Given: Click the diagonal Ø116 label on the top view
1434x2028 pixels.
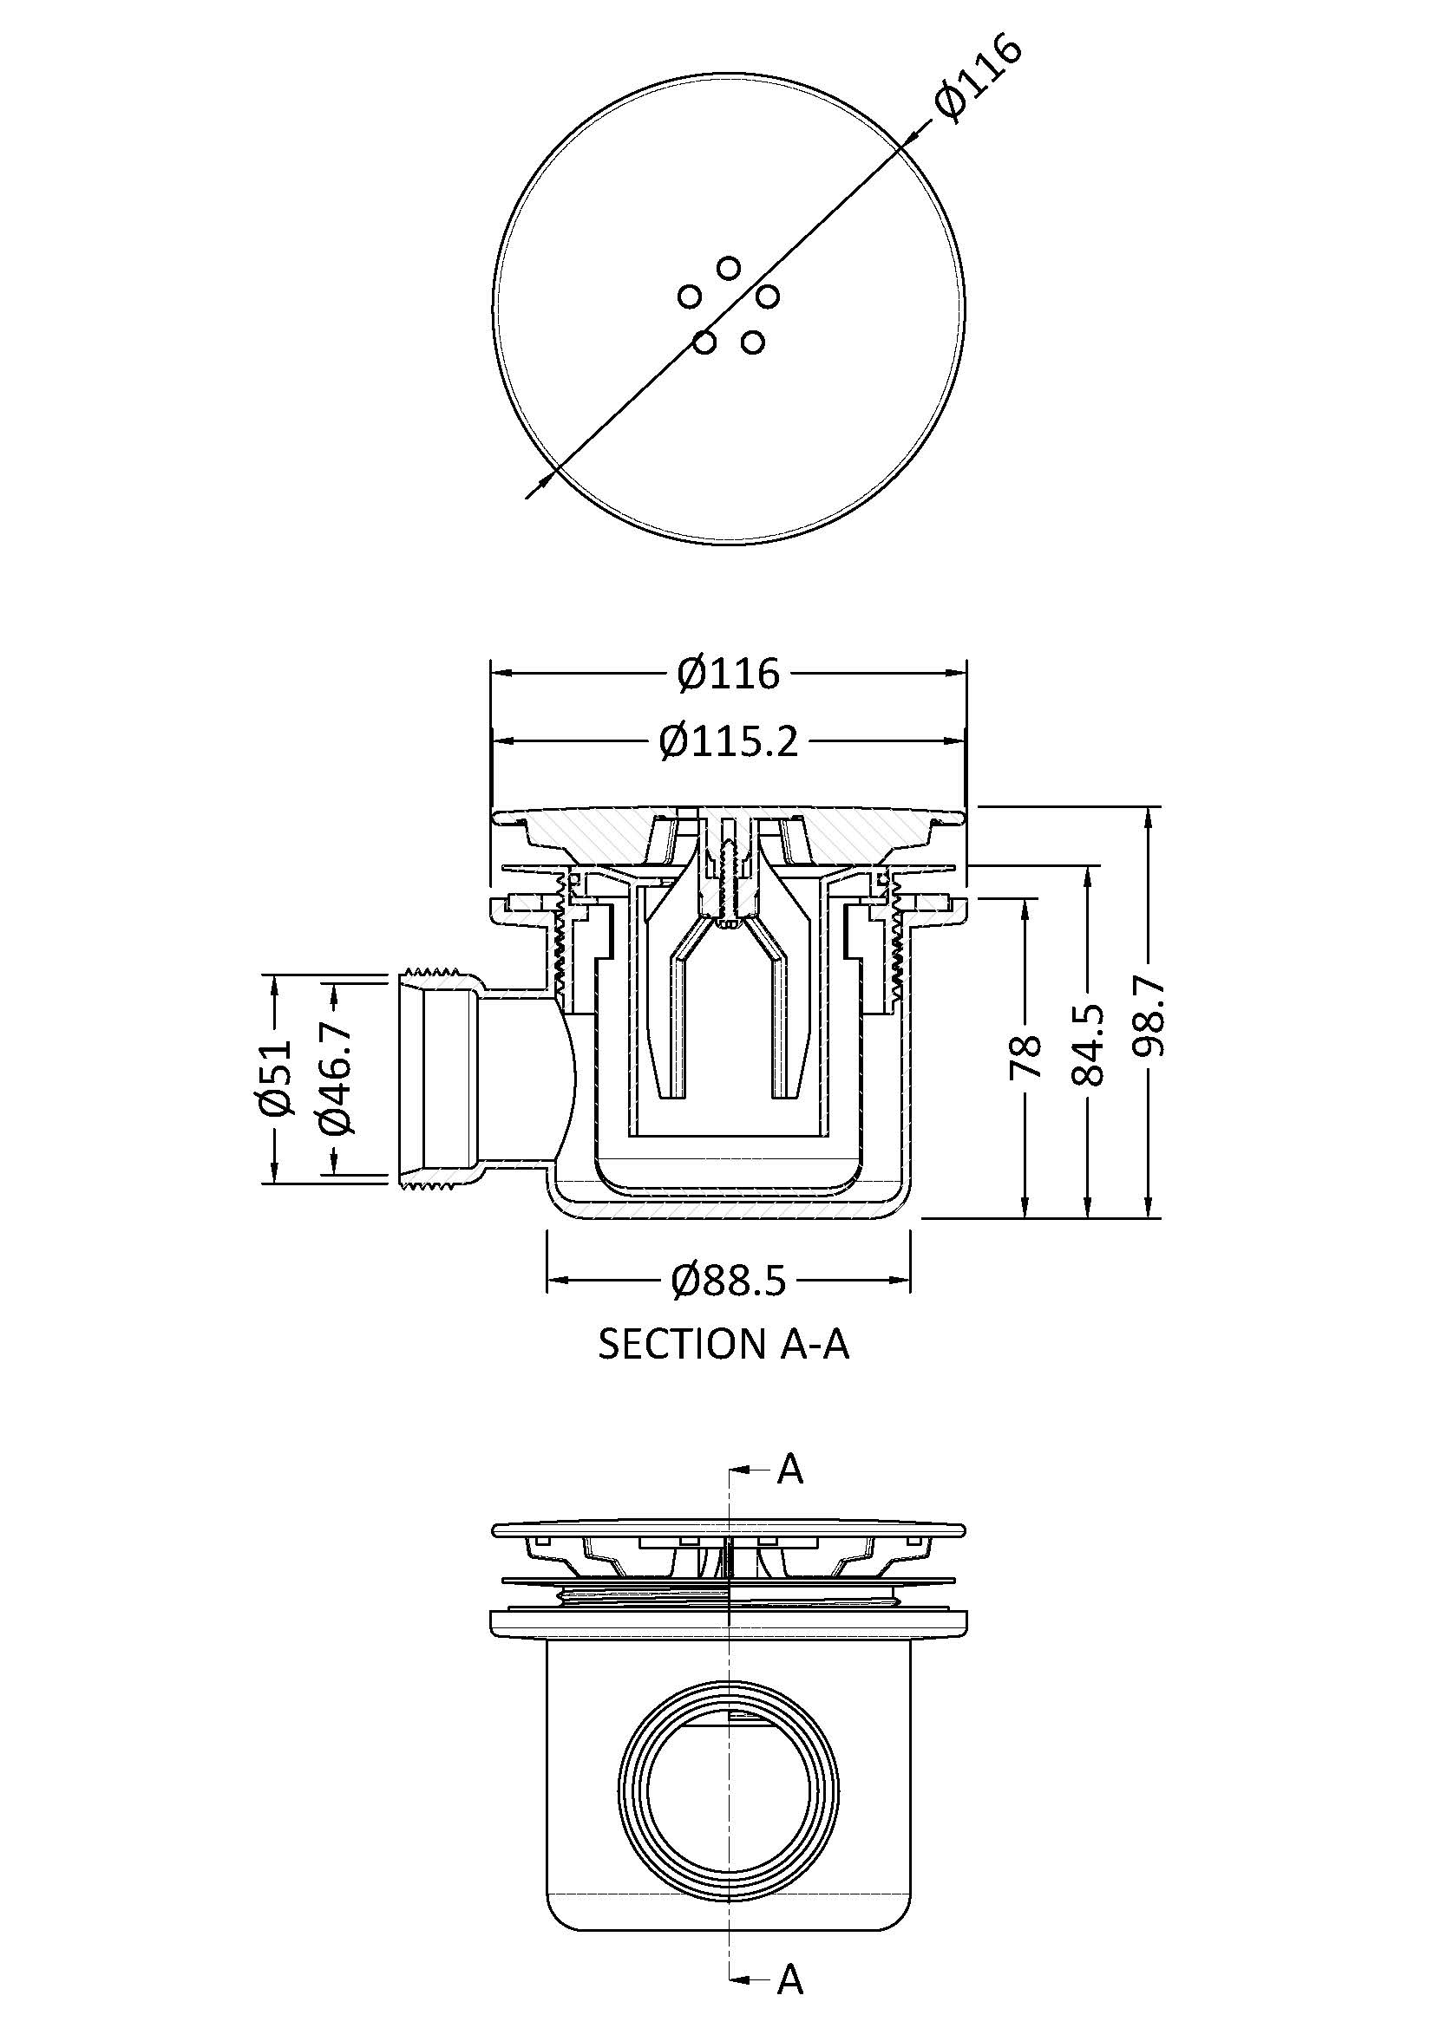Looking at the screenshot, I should (x=979, y=80).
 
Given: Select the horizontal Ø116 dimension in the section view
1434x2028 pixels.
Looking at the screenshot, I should (x=729, y=675).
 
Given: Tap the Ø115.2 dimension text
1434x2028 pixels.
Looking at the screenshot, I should (x=729, y=742).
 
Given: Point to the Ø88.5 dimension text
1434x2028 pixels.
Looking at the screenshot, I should (x=729, y=1280).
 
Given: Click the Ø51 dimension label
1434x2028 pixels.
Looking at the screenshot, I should (x=276, y=1079).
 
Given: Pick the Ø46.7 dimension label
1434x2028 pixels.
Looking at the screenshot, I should (x=337, y=1079).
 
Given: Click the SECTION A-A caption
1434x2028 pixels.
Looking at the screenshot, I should (x=724, y=1345).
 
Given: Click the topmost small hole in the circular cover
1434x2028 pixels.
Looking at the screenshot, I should (x=728, y=267).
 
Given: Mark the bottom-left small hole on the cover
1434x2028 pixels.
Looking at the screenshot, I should (x=704, y=342).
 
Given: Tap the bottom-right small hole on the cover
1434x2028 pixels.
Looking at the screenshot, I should (x=752, y=342).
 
